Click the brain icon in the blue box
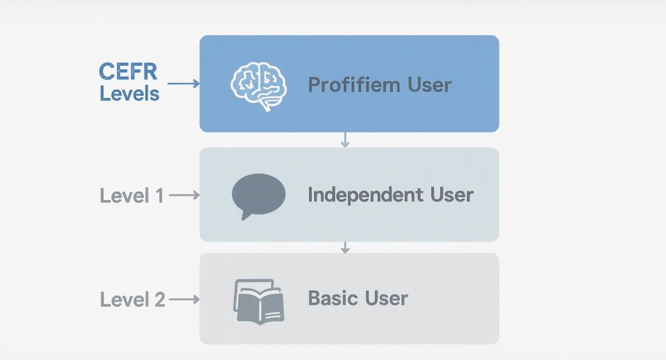[259, 86]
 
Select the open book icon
[259, 302]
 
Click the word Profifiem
[354, 85]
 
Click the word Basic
[333, 298]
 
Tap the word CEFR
[128, 72]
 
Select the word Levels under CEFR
[129, 93]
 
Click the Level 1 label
[132, 196]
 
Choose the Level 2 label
[133, 300]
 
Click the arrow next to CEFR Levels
[183, 84]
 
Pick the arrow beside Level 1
[184, 195]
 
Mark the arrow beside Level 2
[184, 300]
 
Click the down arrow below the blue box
[344, 140]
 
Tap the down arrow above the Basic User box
[344, 247]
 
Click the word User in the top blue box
[430, 85]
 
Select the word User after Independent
[451, 195]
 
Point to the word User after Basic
[386, 298]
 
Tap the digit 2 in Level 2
[159, 300]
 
